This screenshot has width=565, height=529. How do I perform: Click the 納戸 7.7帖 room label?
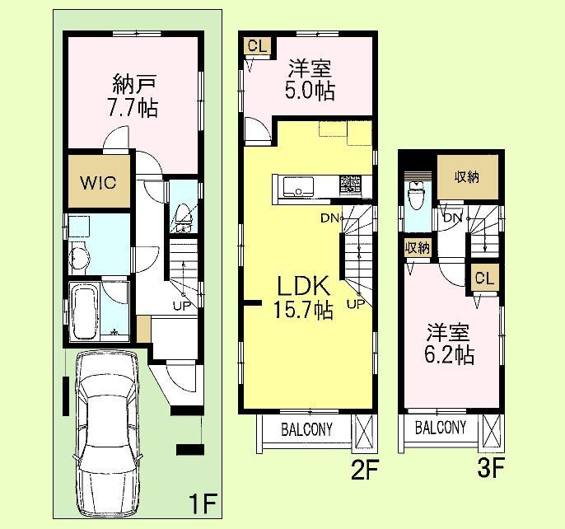coord(132,96)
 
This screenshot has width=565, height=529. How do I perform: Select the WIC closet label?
coord(99,182)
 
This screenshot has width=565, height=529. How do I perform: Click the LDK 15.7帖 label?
coord(303,298)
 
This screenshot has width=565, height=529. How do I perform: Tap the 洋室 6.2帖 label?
coord(449,344)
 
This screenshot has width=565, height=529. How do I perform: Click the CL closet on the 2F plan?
coord(256,46)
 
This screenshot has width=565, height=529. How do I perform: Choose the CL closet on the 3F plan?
coord(483,279)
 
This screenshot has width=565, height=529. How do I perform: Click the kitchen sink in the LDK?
coord(295,188)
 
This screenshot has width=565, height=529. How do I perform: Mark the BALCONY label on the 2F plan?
coord(306,429)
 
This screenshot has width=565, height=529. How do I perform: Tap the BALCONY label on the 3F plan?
coord(440,428)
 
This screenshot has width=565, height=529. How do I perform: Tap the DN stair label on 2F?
coord(329,218)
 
